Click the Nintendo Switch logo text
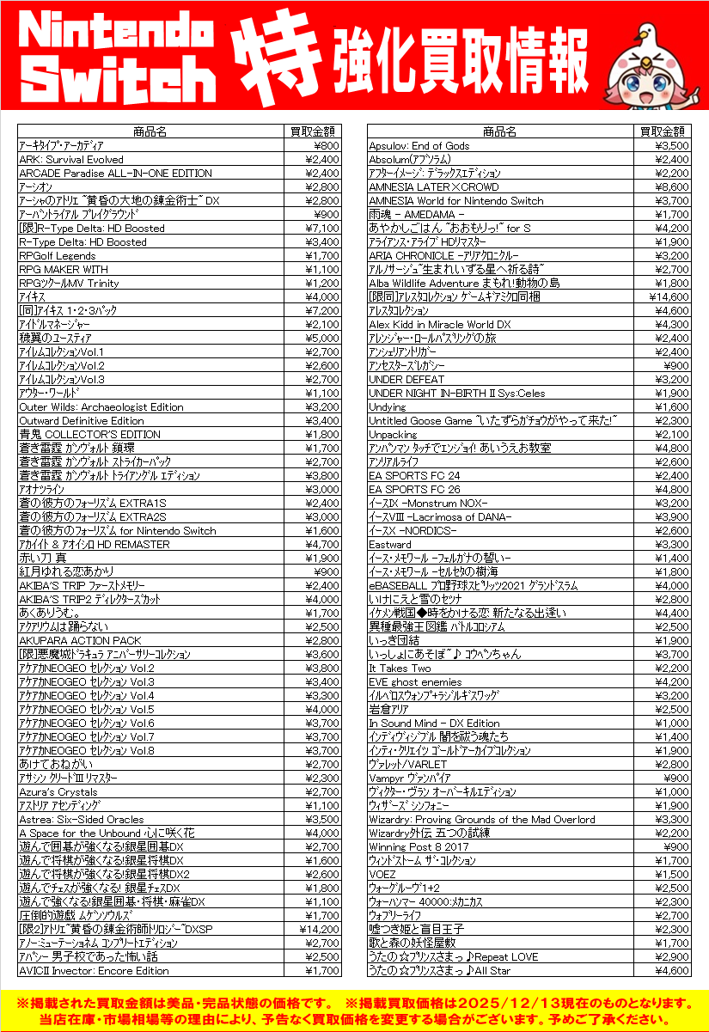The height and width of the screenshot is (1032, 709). coord(118,57)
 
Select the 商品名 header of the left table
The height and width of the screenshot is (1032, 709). coord(150,131)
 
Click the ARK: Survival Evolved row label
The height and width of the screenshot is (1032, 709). coord(71,159)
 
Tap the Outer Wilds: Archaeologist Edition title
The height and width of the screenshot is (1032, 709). coord(101,406)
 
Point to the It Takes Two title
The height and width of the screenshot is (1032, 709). coord(400,668)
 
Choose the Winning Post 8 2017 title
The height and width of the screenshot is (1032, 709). coord(419,846)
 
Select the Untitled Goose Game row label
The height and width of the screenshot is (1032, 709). coord(493,420)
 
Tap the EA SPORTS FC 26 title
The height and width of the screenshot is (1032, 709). coord(414,489)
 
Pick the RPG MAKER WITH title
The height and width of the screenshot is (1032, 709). coord(64,269)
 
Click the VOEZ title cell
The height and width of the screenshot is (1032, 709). coord(382,874)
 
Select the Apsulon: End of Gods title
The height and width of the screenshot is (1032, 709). coord(419,145)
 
